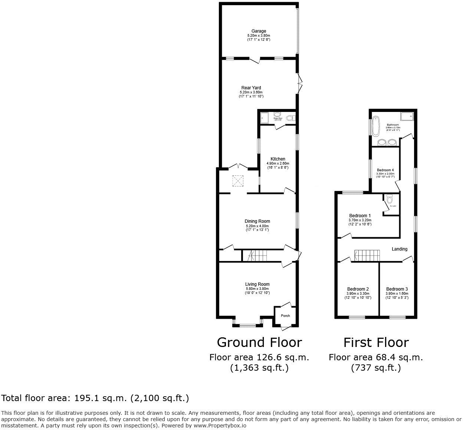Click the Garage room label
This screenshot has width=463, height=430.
pyautogui.click(x=259, y=31)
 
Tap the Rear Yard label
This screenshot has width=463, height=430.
pyautogui.click(x=251, y=88)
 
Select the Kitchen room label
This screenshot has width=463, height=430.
pyautogui.click(x=278, y=159)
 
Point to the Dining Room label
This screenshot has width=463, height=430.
pyautogui.click(x=257, y=221)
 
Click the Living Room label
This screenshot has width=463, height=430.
pyautogui.click(x=257, y=284)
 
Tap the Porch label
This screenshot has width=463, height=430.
pyautogui.click(x=285, y=316)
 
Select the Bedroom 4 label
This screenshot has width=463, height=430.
pyautogui.click(x=385, y=170)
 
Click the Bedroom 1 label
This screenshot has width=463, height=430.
pyautogui.click(x=360, y=216)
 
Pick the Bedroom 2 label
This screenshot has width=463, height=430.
pyautogui.click(x=358, y=289)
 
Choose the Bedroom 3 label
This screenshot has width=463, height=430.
pyautogui.click(x=397, y=289)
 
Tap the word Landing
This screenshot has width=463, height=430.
pyautogui.click(x=400, y=249)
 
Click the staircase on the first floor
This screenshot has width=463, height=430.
pyautogui.click(x=367, y=256)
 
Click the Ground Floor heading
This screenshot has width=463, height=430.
pyautogui.click(x=259, y=342)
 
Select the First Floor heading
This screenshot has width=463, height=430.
pyautogui.click(x=376, y=342)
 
